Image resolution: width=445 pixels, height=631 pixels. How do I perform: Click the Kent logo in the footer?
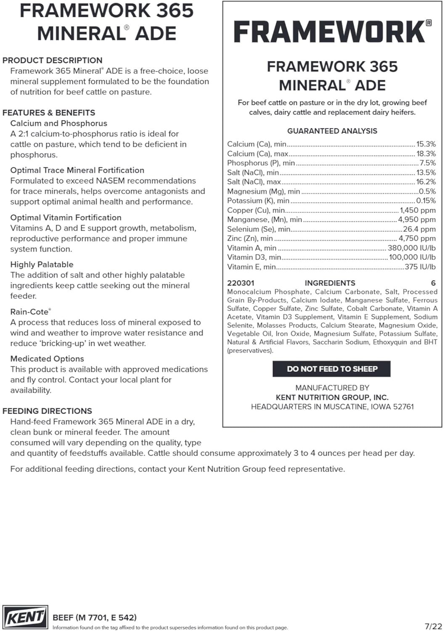click(x=25, y=618)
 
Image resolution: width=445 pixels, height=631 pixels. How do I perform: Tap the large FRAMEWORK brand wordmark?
click(x=329, y=32)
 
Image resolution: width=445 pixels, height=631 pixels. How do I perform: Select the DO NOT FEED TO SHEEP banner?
click(x=332, y=369)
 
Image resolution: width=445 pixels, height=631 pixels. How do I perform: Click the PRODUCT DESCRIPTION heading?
click(x=53, y=60)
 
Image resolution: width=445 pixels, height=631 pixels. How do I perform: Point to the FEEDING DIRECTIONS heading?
click(x=47, y=411)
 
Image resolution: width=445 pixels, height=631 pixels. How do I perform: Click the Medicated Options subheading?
click(x=47, y=359)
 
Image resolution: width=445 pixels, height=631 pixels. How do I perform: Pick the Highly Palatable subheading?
click(x=42, y=265)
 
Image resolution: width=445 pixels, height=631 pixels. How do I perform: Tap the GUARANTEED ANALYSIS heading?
click(x=332, y=131)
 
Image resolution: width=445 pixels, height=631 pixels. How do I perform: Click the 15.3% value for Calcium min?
click(x=426, y=144)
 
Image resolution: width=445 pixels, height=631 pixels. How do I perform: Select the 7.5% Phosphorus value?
click(x=428, y=163)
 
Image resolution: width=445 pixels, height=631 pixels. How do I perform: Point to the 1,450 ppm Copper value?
click(x=418, y=210)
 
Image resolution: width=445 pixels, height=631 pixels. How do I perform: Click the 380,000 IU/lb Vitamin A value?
click(x=411, y=248)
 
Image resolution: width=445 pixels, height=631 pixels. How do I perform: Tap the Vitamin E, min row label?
click(x=252, y=267)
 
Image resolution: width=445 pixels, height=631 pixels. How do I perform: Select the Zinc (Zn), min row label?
click(x=250, y=239)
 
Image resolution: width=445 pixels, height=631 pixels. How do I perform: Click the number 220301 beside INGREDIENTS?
click(x=241, y=283)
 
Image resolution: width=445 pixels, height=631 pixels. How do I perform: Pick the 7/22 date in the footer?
click(x=433, y=626)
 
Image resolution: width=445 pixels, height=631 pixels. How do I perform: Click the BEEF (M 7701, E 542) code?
click(x=95, y=618)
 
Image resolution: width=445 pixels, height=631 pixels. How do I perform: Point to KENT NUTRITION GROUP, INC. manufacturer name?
click(x=332, y=398)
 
